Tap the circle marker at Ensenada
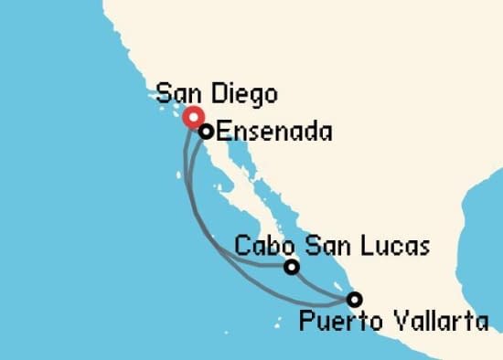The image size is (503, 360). (207, 132)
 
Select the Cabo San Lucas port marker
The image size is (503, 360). (291, 267)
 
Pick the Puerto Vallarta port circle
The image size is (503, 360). (353, 299)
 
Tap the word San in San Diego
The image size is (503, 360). (177, 93)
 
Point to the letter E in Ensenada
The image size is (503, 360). (222, 132)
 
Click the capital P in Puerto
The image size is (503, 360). (305, 321)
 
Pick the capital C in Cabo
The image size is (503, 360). (241, 246)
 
